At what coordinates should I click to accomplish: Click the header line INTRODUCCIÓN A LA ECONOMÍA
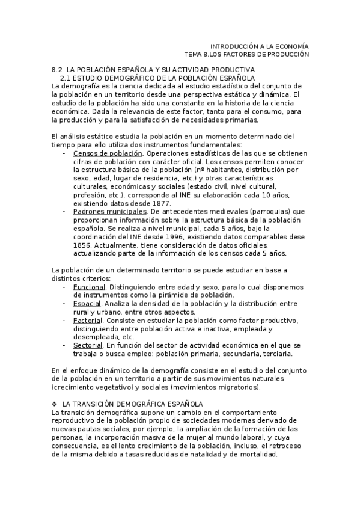tap(259, 46)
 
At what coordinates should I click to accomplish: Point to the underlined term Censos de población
tap(103, 154)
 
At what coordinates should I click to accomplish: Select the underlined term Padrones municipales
tap(109, 212)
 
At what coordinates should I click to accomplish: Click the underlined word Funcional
tap(89, 287)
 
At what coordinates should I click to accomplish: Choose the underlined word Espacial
tap(88, 304)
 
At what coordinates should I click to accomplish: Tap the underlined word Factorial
tap(88, 321)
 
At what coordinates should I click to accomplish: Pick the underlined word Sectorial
tap(88, 345)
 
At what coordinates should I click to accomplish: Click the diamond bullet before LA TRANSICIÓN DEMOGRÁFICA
tap(55, 403)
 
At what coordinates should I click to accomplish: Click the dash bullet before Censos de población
tap(64, 154)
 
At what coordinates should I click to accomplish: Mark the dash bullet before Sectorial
tap(64, 345)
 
